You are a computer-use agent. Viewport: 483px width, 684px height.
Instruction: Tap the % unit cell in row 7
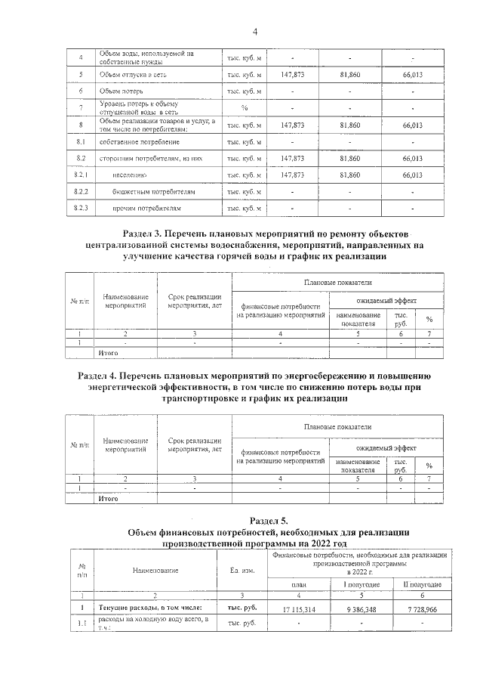pos(244,107)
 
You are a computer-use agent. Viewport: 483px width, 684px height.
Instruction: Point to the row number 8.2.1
pos(81,175)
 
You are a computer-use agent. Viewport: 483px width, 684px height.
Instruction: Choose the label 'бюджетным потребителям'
pos(153,191)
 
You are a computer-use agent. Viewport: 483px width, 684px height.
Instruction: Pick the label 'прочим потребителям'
pos(146,208)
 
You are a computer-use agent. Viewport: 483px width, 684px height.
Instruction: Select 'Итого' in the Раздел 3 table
pos(110,352)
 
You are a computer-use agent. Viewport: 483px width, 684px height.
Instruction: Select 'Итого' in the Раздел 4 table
pos(110,499)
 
